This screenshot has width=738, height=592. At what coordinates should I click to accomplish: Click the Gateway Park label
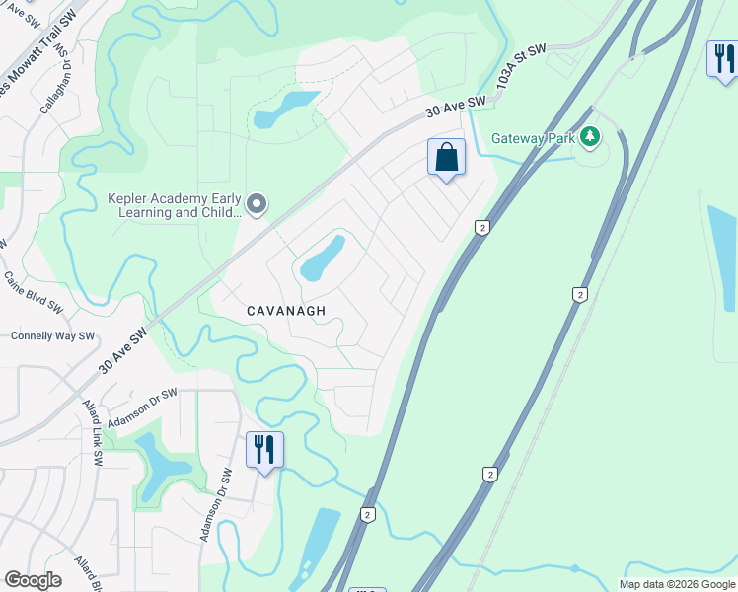click(x=533, y=138)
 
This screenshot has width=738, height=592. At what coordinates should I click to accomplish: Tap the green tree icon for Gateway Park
click(x=590, y=136)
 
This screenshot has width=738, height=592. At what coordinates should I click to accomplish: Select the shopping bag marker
click(x=446, y=157)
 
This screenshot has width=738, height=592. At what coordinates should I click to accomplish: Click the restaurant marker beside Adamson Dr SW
click(x=264, y=450)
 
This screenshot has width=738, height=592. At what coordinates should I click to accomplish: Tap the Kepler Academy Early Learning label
click(x=174, y=205)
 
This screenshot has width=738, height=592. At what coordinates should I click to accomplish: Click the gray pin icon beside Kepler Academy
click(x=257, y=205)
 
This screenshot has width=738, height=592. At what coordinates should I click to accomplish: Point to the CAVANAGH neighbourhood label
click(x=286, y=310)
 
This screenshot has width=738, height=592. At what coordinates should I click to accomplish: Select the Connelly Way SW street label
click(x=52, y=335)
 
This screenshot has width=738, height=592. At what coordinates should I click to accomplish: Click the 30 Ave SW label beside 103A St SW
click(x=456, y=107)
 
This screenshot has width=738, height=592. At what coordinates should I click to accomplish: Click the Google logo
click(x=33, y=580)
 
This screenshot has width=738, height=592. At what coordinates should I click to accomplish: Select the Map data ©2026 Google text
click(x=677, y=584)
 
